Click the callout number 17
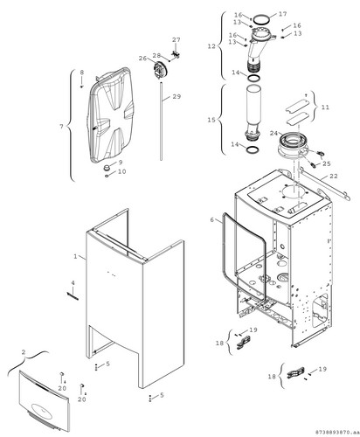(x=282, y=14)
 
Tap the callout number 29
(x=177, y=96)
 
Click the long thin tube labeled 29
(x=161, y=121)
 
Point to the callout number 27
(x=177, y=39)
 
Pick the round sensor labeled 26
(x=159, y=70)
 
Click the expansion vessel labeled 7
(x=111, y=115)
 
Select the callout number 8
(x=82, y=72)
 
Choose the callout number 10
(x=121, y=171)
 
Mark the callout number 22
(x=334, y=176)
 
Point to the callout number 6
(x=212, y=219)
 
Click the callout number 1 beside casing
(x=75, y=256)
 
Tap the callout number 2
(x=24, y=352)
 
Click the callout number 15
(x=211, y=120)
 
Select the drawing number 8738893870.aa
(x=336, y=431)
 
